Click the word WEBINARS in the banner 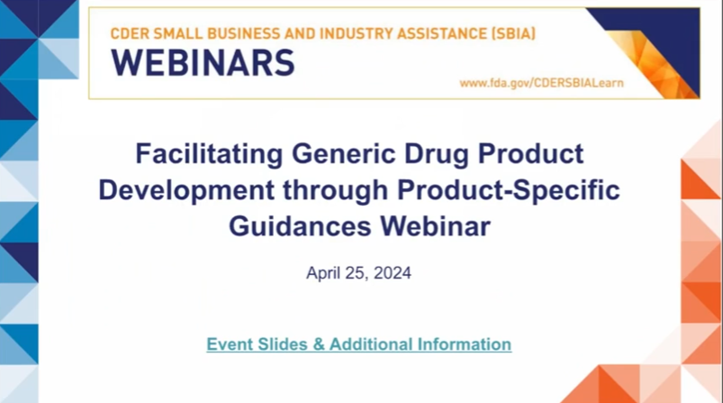tap(203, 63)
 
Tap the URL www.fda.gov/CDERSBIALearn tap(541, 83)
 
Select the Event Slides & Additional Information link tap(358, 344)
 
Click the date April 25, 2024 tap(358, 273)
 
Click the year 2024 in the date tap(393, 273)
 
